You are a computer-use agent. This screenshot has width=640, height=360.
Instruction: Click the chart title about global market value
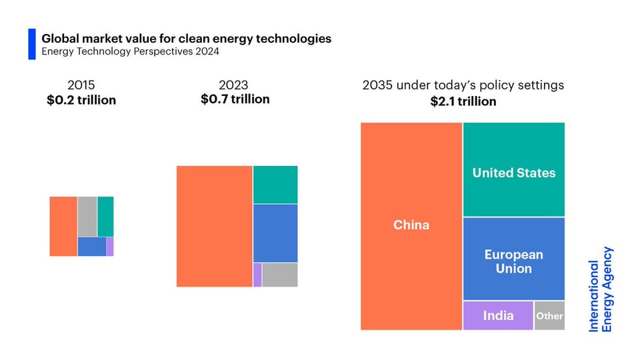coord(186,39)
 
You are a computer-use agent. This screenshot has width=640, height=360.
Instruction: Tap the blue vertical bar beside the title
coord(31,44)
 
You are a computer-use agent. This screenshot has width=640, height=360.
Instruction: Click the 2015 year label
coord(81,85)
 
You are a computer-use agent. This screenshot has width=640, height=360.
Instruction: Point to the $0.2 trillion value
coord(81,101)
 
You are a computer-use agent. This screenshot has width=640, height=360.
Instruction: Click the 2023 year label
coord(233,85)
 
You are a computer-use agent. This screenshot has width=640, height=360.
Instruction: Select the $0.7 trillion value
coord(235,99)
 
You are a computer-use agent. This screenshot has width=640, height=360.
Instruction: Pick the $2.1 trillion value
coord(463,101)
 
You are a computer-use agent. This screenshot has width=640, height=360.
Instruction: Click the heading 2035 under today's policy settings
coord(463,85)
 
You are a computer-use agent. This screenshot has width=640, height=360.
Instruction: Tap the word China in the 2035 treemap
coord(411,225)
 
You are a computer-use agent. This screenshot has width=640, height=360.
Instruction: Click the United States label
coord(514,173)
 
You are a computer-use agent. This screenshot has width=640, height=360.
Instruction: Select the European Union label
coord(514,261)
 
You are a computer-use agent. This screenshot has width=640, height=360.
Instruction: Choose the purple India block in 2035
coord(498,315)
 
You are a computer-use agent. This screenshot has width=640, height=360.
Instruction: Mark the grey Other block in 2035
coord(549,315)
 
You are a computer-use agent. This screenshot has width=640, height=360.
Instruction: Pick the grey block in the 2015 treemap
coord(87,216)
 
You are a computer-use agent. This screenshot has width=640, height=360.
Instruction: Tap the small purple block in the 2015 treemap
coord(110,247)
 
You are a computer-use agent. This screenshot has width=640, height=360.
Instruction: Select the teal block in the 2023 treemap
coord(275,185)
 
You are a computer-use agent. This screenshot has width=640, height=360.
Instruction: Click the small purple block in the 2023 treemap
coord(257,275)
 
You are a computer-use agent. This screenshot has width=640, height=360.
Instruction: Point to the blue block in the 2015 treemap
coord(91,247)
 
